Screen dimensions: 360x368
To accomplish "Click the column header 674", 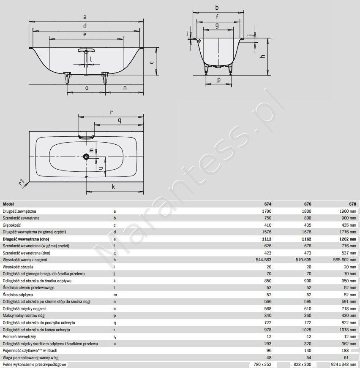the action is tap(267, 204).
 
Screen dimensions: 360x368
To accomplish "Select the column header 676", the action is tap(307, 204).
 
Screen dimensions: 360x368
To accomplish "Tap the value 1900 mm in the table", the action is tap(348, 211).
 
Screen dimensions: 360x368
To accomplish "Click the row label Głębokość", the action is tap(12, 225).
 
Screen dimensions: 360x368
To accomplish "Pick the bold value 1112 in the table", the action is tap(267, 239).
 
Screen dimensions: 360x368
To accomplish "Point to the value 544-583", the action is tap(263, 260).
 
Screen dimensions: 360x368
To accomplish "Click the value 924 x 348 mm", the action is tap(343, 365).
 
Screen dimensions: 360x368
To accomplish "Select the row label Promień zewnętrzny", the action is tap(19, 336).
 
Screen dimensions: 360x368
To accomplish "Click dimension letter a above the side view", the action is tap(85, 17).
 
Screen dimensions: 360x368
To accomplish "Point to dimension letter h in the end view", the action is tap(263, 56).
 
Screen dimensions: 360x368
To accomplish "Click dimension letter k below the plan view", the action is tap(113, 187).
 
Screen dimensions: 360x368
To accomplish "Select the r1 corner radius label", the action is tap(22, 182).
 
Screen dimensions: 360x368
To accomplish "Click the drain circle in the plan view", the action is tap(86, 157).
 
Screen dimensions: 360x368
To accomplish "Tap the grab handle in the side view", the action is tap(87, 51).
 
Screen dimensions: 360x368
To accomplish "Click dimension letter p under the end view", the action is tap(219, 80).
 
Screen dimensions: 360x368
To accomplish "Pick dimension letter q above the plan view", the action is tap(120, 121).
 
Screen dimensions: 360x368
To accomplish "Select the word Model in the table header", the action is tap(8, 204).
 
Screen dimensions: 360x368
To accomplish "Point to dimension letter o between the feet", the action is tap(87, 88).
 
